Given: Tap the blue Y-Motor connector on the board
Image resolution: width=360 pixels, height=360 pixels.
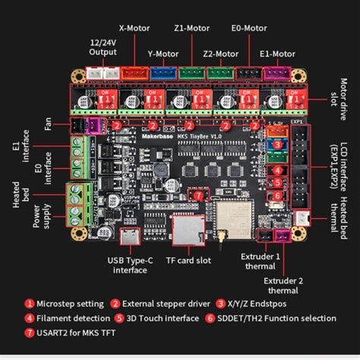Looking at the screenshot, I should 162,74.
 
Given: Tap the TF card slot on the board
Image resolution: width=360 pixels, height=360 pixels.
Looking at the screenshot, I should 188,228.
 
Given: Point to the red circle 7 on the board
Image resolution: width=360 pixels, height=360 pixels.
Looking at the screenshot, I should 199,195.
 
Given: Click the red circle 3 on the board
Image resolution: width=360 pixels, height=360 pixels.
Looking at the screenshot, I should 279,144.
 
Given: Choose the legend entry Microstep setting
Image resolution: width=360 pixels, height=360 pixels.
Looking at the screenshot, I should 65,304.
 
